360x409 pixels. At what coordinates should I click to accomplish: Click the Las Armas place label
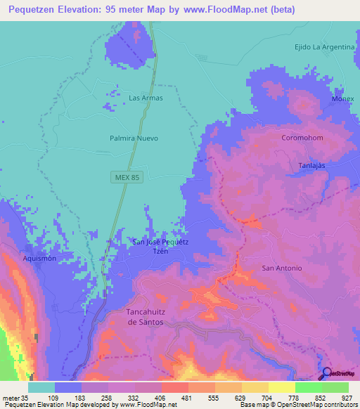tap(146, 98)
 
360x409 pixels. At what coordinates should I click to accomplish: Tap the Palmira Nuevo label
tap(134, 138)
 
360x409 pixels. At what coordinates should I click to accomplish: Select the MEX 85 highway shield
tap(127, 178)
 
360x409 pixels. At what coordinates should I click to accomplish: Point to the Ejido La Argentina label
tap(324, 46)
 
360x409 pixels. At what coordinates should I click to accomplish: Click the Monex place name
tap(342, 99)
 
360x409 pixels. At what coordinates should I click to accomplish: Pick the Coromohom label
tap(302, 138)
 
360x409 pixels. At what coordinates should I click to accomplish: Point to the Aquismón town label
tap(39, 259)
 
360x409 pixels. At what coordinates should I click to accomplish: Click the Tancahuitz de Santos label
tap(145, 316)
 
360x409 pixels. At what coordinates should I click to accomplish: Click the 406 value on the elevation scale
tap(148, 398)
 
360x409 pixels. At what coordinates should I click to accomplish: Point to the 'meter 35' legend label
tap(14, 398)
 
